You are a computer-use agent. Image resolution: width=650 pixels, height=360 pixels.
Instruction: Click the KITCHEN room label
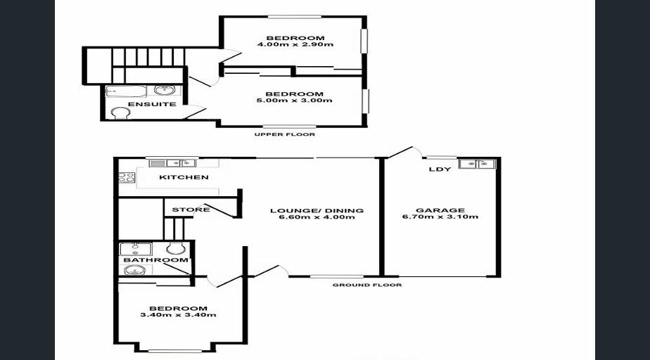click(184, 177)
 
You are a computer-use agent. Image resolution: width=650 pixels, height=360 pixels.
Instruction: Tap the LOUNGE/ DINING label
click(317, 210)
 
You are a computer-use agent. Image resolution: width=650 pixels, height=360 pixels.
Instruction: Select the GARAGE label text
click(440, 210)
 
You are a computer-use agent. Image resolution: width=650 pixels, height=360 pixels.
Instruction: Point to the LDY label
click(440, 169)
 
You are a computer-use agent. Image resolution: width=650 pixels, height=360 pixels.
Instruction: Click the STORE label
click(191, 210)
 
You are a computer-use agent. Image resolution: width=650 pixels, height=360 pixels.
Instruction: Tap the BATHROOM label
click(156, 259)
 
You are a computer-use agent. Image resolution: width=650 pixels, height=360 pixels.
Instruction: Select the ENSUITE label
click(152, 104)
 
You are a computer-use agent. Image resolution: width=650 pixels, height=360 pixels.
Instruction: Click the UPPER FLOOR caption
click(285, 134)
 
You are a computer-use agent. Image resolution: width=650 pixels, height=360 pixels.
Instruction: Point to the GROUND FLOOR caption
click(367, 285)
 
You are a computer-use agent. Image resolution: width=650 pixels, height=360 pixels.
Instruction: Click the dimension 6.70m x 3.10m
click(440, 217)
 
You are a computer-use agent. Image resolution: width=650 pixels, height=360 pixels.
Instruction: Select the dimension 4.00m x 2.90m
click(295, 44)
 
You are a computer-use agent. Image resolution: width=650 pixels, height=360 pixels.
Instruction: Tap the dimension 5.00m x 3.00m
click(294, 101)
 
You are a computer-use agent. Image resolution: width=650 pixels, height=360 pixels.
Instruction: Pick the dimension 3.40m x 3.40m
click(178, 315)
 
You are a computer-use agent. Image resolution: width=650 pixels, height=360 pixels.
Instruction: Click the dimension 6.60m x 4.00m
click(317, 217)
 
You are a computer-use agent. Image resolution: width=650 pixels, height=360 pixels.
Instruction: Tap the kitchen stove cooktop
click(127, 178)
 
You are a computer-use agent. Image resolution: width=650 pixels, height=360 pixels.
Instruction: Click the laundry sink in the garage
click(477, 164)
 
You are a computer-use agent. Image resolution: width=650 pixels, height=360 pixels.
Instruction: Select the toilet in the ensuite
click(120, 112)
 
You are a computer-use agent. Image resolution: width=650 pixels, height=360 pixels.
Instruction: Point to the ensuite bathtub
click(126, 91)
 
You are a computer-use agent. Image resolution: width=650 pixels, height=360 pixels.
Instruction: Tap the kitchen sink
click(181, 163)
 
